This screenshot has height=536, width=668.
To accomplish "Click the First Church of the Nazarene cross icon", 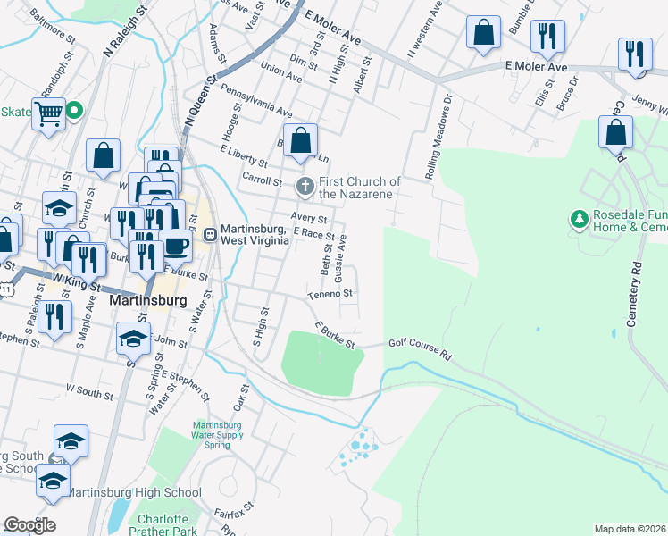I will tap(305, 187).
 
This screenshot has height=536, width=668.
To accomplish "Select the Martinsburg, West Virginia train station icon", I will tap(211, 235).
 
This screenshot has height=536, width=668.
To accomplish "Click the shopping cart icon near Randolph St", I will tap(48, 113).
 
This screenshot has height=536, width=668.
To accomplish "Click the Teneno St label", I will tap(331, 293).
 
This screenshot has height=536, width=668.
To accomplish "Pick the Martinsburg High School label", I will tap(135, 492).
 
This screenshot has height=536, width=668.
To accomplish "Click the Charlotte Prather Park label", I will tap(163, 525).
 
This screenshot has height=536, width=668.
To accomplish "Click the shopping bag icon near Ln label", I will tap(302, 139).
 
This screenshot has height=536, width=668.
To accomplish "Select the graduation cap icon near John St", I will tap(133, 338).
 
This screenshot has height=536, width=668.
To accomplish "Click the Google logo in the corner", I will tap(29, 525).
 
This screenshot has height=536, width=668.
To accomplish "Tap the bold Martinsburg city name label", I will tap(147, 301).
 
